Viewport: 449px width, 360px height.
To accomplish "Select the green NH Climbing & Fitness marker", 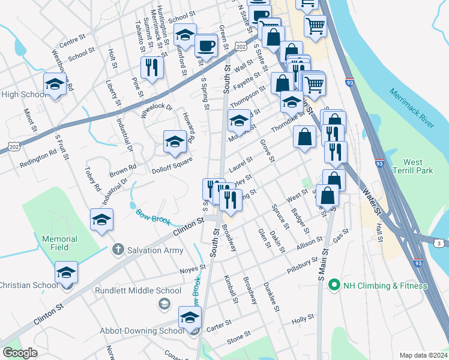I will [334, 286].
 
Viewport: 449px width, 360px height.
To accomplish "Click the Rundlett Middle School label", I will [138, 291].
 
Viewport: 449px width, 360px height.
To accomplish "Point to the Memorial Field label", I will [59, 243].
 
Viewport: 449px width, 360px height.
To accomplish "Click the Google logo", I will [20, 353].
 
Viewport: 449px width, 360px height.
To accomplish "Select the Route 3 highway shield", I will [439, 242].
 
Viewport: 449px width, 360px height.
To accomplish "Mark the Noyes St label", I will [193, 271].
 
